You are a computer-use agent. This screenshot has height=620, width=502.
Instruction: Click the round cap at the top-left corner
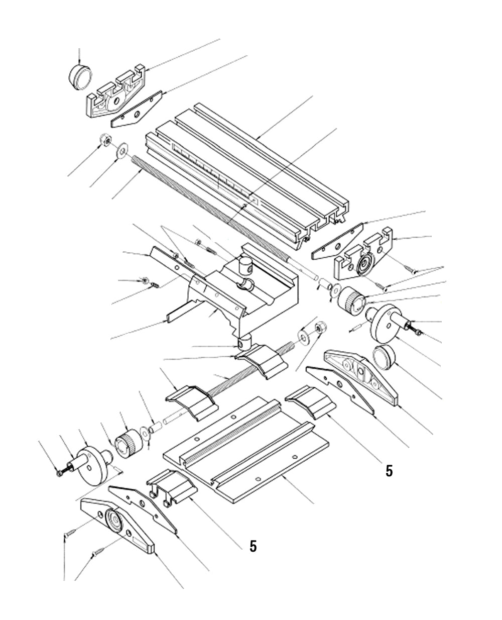pyautogui.click(x=80, y=76)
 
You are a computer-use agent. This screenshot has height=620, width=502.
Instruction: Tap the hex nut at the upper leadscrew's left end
pyautogui.click(x=105, y=141)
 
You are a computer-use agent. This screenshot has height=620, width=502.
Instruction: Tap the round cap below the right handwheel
pyautogui.click(x=385, y=357)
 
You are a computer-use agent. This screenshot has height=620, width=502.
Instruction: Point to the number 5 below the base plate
pyautogui.click(x=253, y=546)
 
